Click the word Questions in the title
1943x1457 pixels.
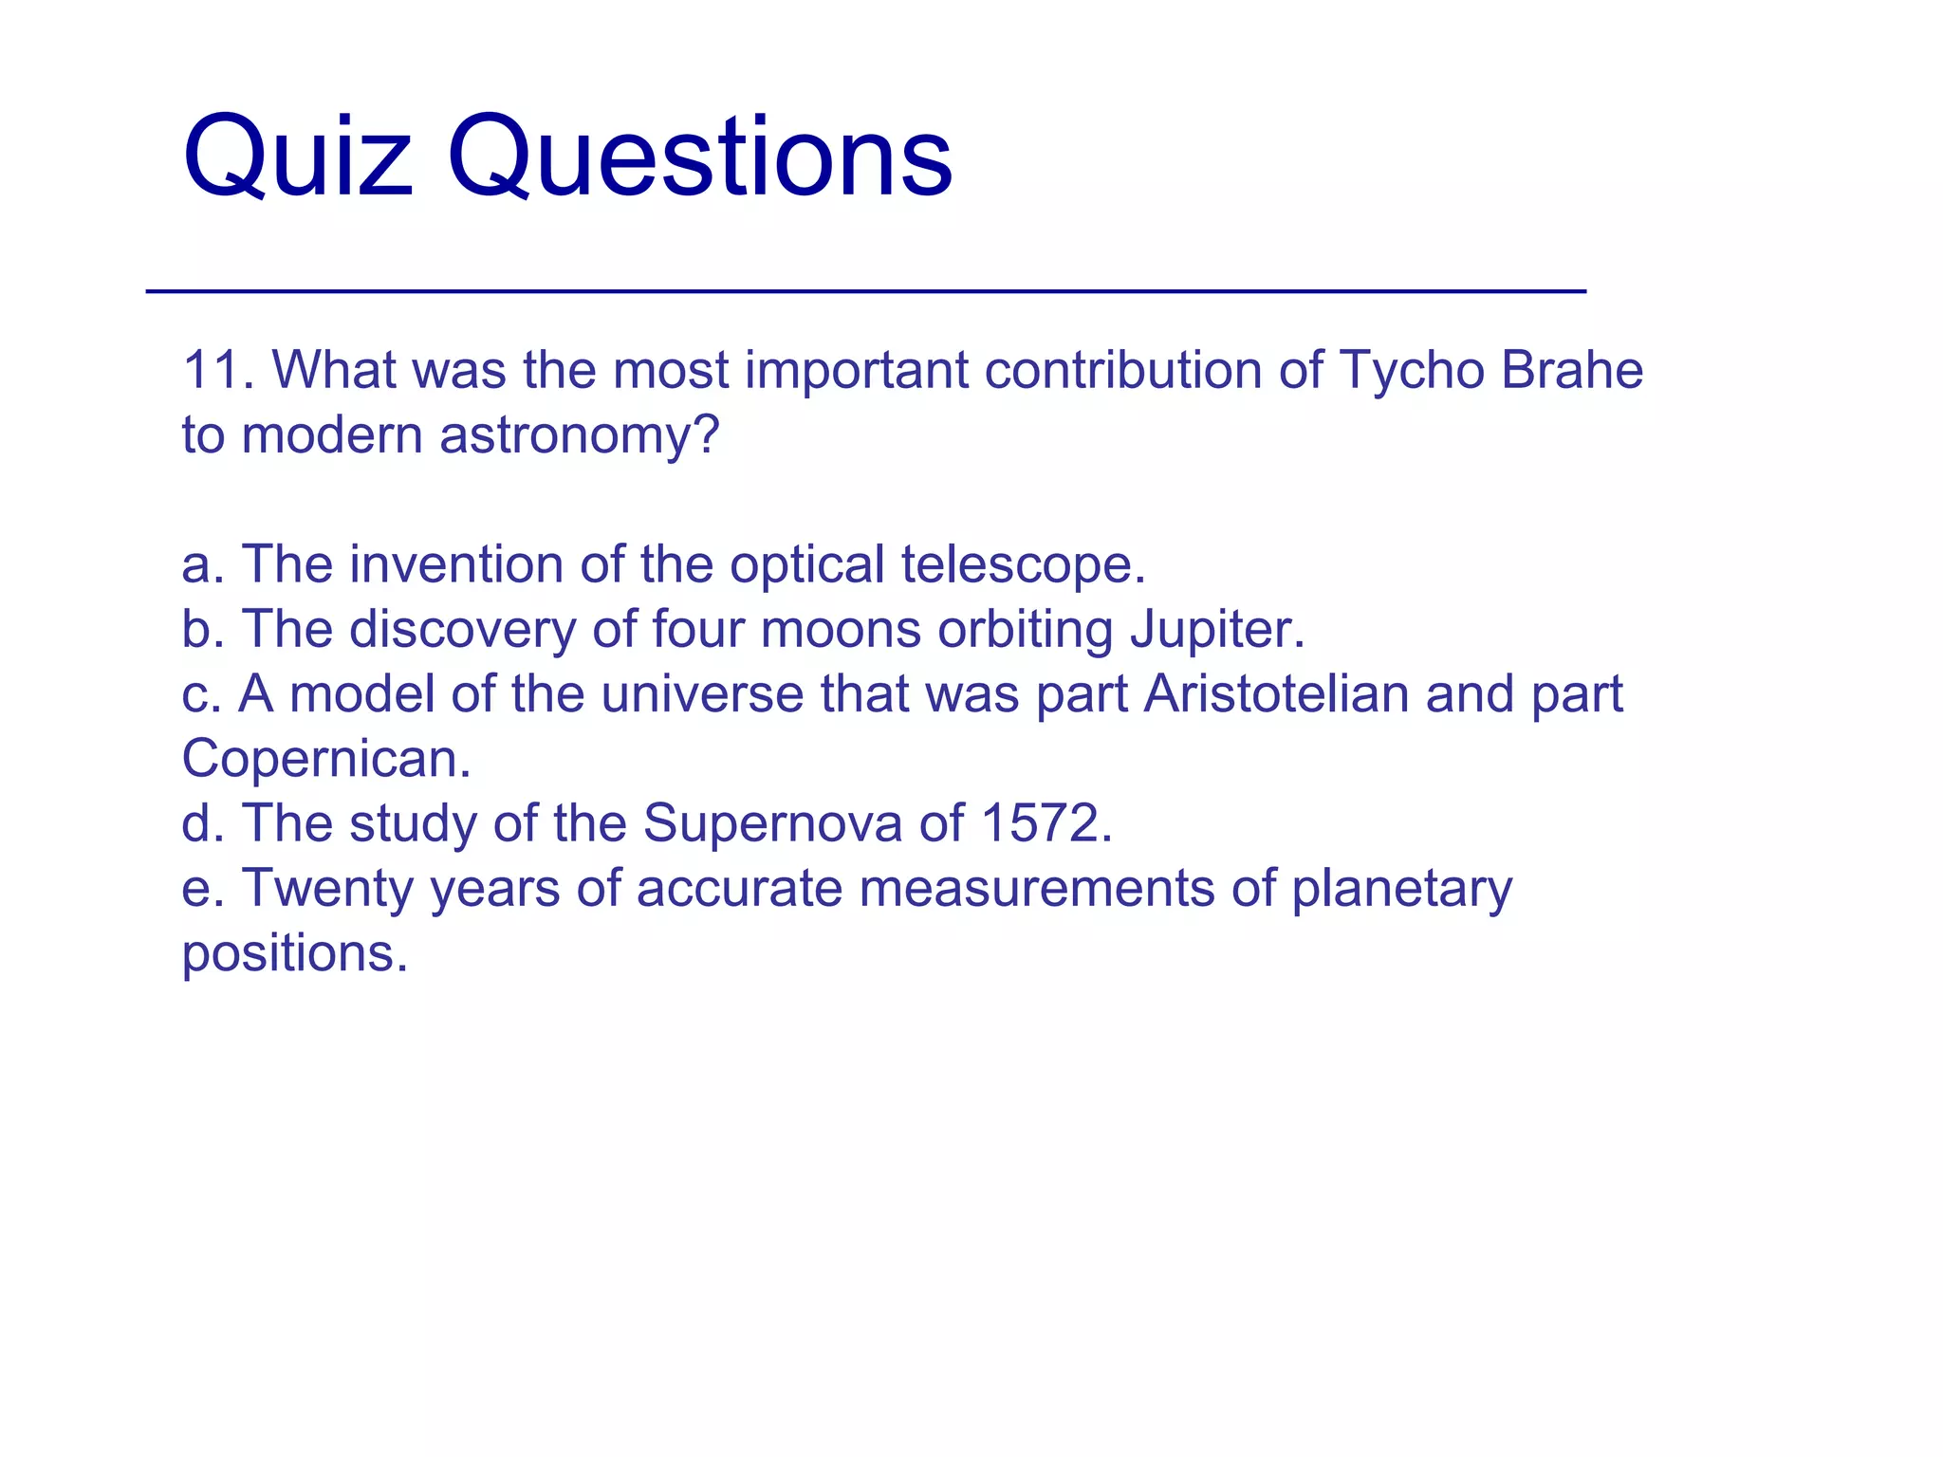tap(699, 157)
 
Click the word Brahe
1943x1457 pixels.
tap(1571, 370)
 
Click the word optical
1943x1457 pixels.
tap(806, 565)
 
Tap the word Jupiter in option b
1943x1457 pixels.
tap(1216, 630)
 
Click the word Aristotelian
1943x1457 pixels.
tap(1276, 694)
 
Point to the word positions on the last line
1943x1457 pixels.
tap(294, 954)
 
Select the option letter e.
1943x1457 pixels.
tap(197, 890)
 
